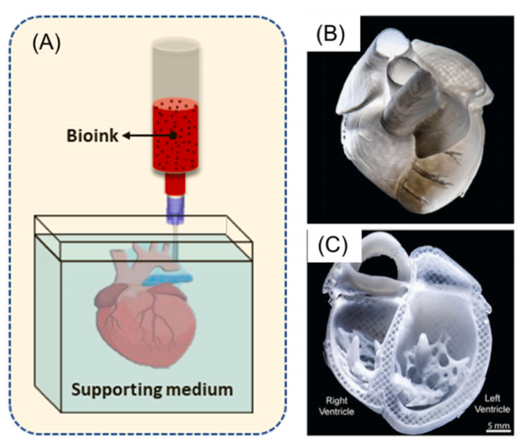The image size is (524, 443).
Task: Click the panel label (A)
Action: coord(47,43)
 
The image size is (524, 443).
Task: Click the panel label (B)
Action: coord(330,34)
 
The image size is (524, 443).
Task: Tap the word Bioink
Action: coord(92,136)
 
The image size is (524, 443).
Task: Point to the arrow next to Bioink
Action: coord(147,136)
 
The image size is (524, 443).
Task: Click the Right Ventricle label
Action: coord(336,405)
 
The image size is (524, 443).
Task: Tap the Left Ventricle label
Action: coord(492,404)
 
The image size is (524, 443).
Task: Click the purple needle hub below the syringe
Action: coord(175,210)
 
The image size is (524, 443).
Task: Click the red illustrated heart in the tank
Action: coord(146,321)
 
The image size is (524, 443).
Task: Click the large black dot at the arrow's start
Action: coord(173,136)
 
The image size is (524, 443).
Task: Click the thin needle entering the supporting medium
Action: coord(174,240)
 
